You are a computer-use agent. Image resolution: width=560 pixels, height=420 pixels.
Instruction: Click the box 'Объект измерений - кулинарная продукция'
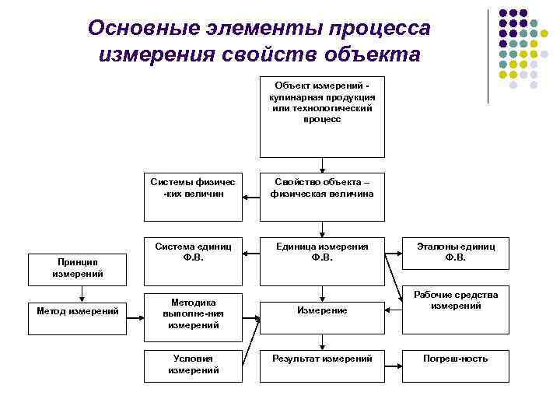coord(322,117)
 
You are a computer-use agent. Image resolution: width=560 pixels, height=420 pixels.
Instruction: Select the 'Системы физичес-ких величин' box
coord(194,187)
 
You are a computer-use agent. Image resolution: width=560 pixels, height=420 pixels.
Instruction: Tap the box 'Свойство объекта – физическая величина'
coord(322,187)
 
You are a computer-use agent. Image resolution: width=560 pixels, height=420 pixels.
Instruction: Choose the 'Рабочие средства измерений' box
coord(455,302)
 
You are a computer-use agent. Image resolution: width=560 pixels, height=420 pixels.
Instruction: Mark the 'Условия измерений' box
coord(194,364)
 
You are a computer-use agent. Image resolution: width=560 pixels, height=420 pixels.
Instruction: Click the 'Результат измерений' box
coord(322,359)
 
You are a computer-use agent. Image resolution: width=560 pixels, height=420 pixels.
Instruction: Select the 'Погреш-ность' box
coord(455,359)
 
